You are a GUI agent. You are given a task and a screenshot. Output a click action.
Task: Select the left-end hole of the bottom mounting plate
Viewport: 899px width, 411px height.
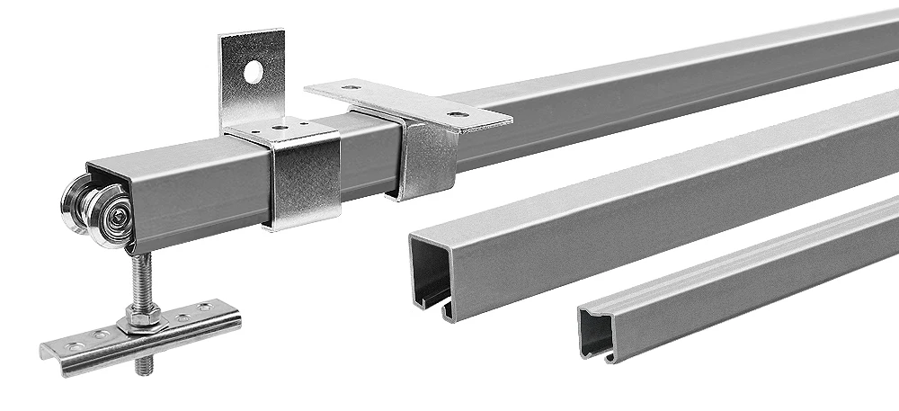pyautogui.click(x=62, y=345)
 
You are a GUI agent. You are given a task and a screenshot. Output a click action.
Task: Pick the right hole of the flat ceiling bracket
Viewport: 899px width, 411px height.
pyautogui.click(x=461, y=115)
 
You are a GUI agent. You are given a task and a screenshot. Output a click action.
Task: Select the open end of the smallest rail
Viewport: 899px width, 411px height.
pyautogui.click(x=593, y=333)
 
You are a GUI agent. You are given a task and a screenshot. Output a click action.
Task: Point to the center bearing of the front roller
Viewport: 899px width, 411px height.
pyautogui.click(x=115, y=214)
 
